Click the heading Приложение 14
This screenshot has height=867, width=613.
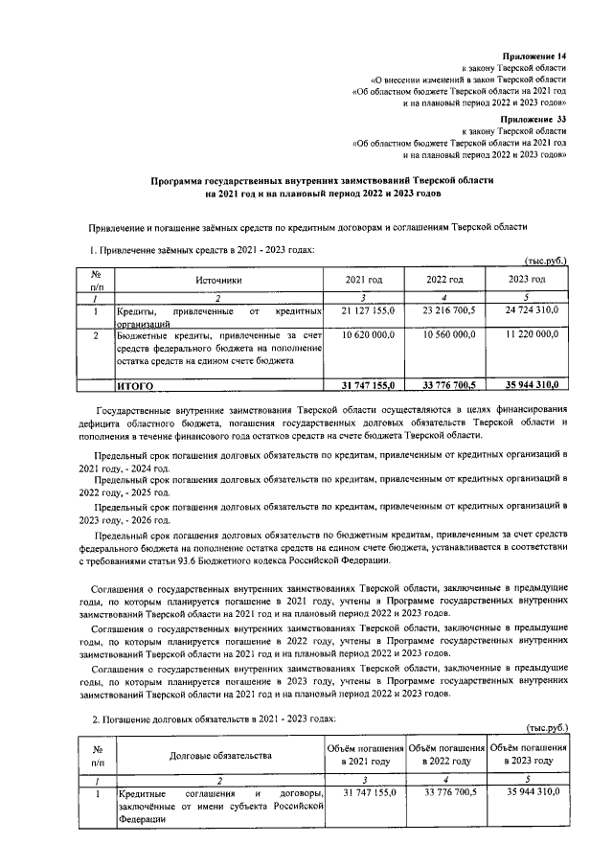click(x=535, y=57)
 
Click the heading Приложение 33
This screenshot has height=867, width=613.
click(x=535, y=117)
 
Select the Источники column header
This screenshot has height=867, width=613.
click(x=219, y=279)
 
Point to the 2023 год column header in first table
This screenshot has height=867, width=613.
click(x=527, y=279)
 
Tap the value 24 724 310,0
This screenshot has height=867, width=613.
click(x=527, y=311)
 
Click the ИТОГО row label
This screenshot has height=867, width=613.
click(x=135, y=385)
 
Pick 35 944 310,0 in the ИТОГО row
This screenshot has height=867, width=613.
click(x=527, y=385)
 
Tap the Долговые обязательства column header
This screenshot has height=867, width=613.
click(x=219, y=755)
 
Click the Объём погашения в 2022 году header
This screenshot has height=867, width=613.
click(x=445, y=754)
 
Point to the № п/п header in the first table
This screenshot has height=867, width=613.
click(x=96, y=279)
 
